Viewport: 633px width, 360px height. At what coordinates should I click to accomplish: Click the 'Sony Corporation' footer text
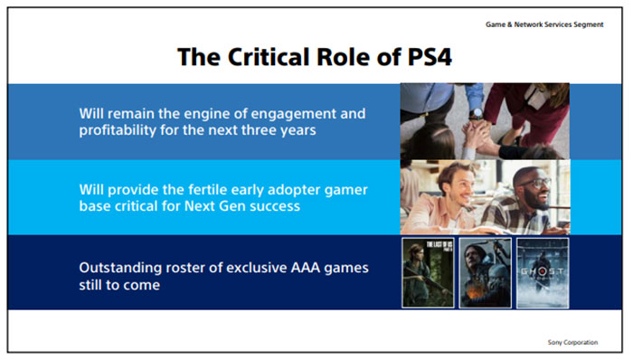point(573,341)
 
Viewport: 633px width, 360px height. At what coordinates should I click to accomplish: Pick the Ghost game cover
point(541,273)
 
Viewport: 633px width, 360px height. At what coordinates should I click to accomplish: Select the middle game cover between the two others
point(485,273)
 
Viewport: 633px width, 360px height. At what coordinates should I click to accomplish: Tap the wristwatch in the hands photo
point(476,114)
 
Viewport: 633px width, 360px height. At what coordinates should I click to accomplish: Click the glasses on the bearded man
point(534,183)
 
